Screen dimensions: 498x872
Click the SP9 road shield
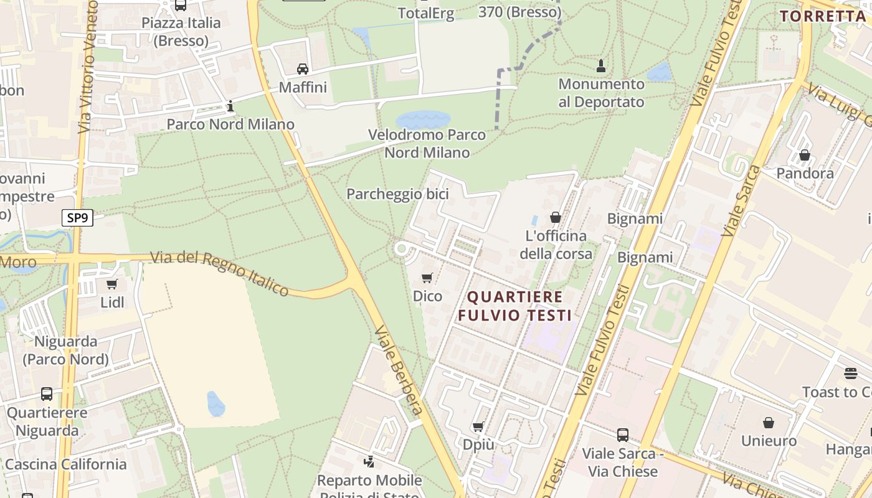point(77,218)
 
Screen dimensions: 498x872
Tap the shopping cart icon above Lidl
point(112,284)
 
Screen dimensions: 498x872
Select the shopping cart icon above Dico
point(427,278)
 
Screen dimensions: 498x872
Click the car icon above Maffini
point(303,69)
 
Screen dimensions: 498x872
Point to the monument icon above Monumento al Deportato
point(601,65)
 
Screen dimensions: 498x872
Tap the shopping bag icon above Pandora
point(805,155)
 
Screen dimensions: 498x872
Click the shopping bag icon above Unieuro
point(769,423)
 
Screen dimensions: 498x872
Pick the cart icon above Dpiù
point(478,427)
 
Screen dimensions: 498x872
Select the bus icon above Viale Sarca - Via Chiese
point(622,435)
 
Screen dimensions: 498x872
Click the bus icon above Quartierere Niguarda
point(47,394)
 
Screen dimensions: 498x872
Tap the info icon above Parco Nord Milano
point(230,106)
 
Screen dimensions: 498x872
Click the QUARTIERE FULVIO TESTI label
point(515,306)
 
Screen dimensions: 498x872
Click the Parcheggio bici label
point(397,194)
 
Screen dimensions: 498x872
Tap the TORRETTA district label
point(823,16)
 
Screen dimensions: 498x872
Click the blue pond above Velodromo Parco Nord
point(423,120)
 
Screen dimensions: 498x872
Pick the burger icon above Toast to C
point(851,374)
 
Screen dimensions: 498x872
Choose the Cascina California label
point(65,464)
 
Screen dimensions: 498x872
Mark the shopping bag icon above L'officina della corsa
point(555,217)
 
